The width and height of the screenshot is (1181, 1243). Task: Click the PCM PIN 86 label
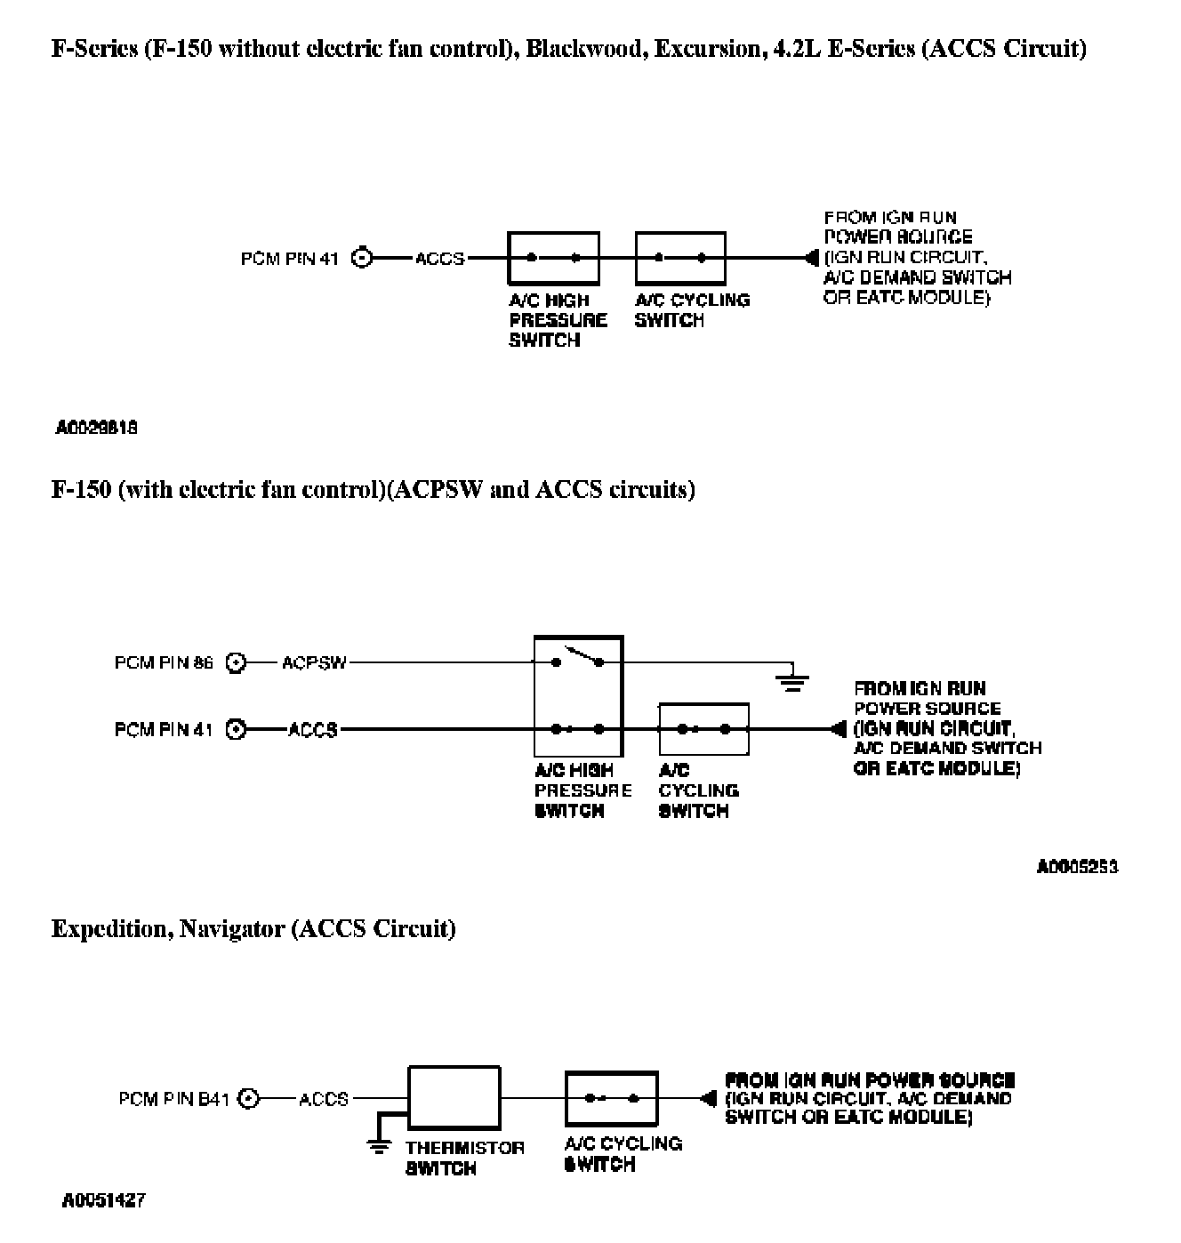tap(164, 663)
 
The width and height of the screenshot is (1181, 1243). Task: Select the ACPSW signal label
tap(314, 663)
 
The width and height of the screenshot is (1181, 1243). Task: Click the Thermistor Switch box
tap(454, 1099)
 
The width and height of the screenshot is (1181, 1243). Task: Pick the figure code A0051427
tap(103, 1201)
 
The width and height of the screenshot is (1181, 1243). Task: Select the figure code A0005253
tap(1077, 866)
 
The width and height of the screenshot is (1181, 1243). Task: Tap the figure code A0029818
tap(96, 429)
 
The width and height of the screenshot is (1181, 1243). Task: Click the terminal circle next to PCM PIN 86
tap(236, 663)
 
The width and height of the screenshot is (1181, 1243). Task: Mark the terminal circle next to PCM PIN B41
tap(251, 1100)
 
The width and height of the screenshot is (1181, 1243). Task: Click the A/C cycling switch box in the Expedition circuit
tap(611, 1099)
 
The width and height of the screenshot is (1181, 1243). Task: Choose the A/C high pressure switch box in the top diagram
tap(553, 258)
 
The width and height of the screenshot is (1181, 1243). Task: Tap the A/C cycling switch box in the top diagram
tap(680, 258)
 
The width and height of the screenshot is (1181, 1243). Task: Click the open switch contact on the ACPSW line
tap(578, 659)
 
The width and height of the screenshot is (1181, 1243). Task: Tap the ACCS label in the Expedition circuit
tap(324, 1100)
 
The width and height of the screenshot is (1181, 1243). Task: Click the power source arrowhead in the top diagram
tap(810, 259)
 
